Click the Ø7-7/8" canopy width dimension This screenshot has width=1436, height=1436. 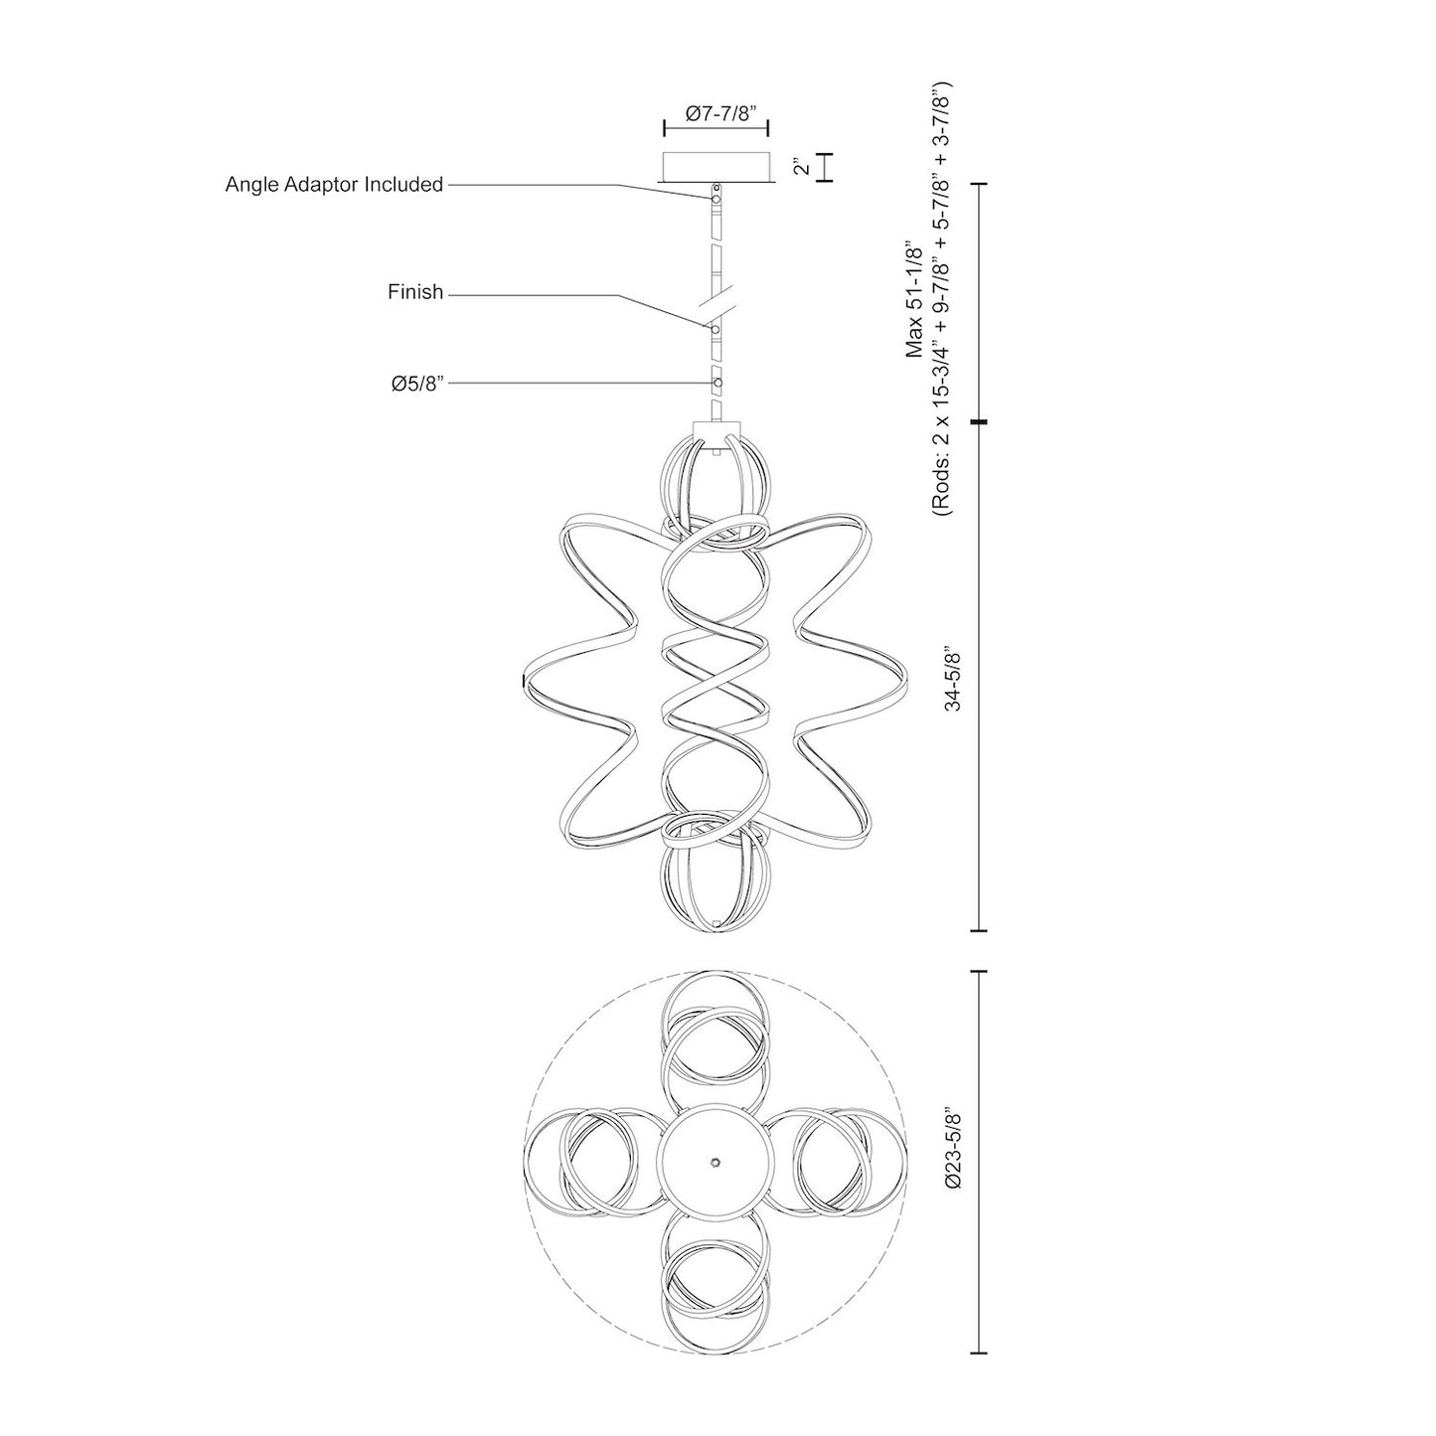pos(718,113)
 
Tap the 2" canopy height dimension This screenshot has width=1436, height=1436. pos(801,168)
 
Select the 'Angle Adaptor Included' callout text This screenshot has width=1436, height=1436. pos(334,185)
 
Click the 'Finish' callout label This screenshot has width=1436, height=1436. pos(415,293)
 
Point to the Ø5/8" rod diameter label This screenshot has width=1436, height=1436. pos(416,383)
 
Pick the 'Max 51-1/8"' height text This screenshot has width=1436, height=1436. pos(915,298)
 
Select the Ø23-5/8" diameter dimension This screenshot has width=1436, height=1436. pos(954,1162)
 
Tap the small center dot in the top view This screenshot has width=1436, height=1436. pos(716,1161)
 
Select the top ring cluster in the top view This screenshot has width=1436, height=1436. pos(716,1034)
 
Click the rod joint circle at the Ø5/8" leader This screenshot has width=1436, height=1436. pos(717,383)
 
